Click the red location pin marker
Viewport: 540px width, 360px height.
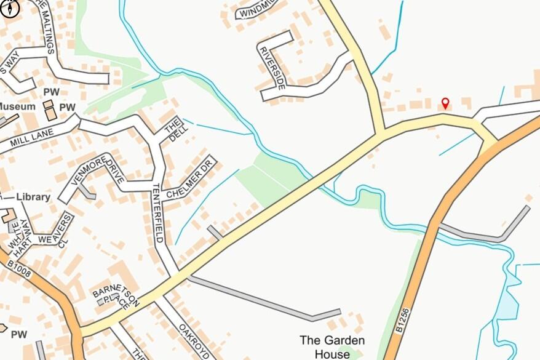click(445, 103)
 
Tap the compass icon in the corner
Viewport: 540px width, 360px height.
click(10, 7)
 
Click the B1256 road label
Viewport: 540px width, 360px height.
click(403, 321)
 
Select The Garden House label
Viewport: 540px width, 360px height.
click(332, 346)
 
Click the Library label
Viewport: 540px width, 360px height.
click(33, 197)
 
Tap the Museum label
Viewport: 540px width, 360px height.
click(18, 106)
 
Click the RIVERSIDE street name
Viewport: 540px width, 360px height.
click(272, 68)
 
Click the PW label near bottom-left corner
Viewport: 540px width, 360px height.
click(19, 334)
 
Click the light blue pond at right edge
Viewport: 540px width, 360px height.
click(508, 305)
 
